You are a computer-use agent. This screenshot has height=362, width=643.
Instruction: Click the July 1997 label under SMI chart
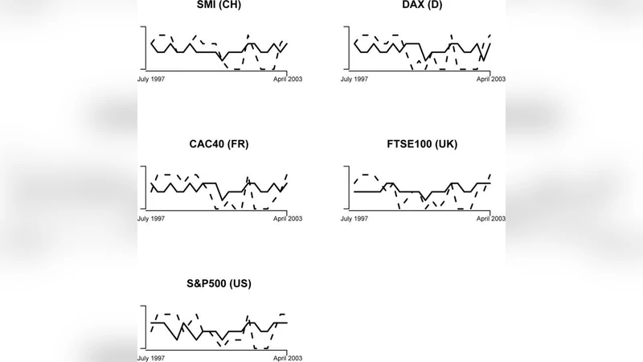click(152, 79)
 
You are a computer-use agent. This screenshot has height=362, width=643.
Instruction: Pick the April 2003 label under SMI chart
click(287, 79)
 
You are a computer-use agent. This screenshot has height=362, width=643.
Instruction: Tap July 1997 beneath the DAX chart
click(354, 79)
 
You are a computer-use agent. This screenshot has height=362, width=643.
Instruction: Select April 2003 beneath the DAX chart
click(489, 79)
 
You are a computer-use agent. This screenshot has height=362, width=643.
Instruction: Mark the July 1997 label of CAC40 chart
click(152, 218)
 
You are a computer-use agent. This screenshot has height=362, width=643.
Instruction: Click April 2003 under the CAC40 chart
click(287, 218)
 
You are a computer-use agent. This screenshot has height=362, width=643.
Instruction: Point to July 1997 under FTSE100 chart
click(354, 218)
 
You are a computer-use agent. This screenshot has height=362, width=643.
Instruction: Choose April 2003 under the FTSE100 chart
click(489, 218)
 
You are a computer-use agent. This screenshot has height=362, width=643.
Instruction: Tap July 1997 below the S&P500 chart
click(152, 357)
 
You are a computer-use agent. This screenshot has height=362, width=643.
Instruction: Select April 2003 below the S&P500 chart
click(287, 357)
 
